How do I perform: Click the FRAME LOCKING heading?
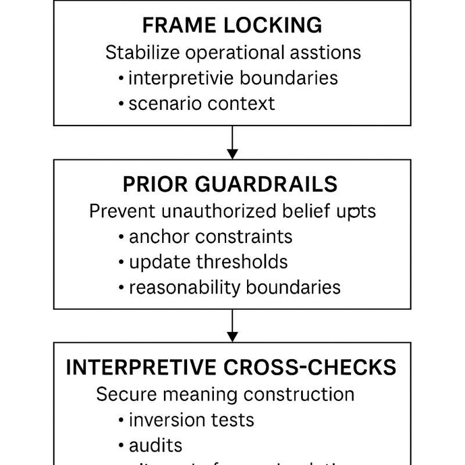tap(232, 26)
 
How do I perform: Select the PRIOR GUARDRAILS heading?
tap(230, 184)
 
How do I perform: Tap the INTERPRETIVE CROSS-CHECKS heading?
tap(231, 367)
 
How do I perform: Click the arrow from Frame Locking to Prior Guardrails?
tap(233, 142)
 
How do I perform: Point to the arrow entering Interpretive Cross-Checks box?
tap(233, 325)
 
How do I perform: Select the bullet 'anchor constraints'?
tap(210, 237)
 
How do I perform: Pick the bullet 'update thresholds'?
tap(208, 262)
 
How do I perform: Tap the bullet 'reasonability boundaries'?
tap(234, 287)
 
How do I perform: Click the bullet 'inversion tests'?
tap(191, 419)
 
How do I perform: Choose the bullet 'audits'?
tap(156, 445)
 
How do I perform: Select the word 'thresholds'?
tap(242, 262)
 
